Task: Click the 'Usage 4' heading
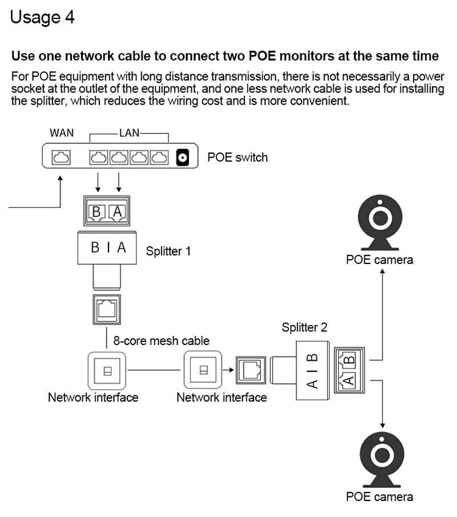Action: pyautogui.click(x=42, y=17)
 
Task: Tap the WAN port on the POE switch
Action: pyautogui.click(x=61, y=157)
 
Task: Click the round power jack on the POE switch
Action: pyautogui.click(x=183, y=157)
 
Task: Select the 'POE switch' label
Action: pyautogui.click(x=237, y=157)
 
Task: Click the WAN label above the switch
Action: pyautogui.click(x=62, y=133)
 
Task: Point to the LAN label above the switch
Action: pyautogui.click(x=129, y=133)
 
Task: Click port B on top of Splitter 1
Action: pyautogui.click(x=97, y=212)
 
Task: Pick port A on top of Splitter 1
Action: pyautogui.click(x=117, y=212)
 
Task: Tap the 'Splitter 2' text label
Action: pyautogui.click(x=304, y=327)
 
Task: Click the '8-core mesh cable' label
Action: pyautogui.click(x=161, y=341)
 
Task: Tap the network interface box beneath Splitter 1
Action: pyautogui.click(x=107, y=370)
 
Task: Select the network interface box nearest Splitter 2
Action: pyautogui.click(x=202, y=370)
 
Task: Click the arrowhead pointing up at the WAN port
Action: pyautogui.click(x=61, y=178)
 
